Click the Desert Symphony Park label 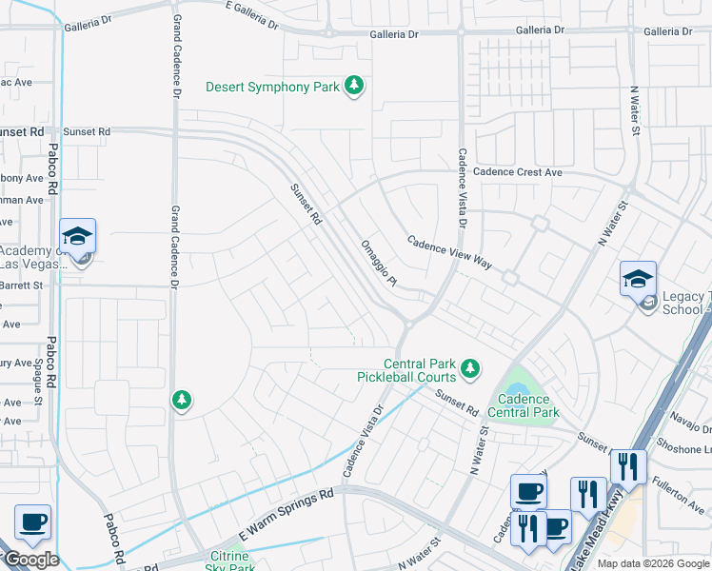(273, 88)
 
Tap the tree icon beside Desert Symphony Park (354, 88)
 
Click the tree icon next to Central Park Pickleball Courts (468, 367)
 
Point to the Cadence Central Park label (523, 406)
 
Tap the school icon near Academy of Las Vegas (78, 236)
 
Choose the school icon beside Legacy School (638, 278)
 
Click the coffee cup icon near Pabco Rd (32, 522)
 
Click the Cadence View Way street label (449, 255)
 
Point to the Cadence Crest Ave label (518, 172)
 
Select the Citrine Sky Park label (229, 562)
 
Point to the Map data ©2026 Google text (653, 563)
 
